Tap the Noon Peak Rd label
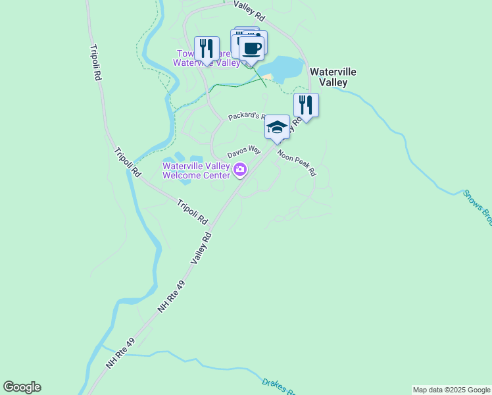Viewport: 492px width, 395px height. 297,164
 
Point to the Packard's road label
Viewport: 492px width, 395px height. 246,117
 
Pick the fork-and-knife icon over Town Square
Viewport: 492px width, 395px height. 207,49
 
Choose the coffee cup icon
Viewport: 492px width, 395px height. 251,47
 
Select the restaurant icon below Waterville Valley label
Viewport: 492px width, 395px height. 306,105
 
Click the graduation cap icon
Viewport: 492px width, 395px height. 277,126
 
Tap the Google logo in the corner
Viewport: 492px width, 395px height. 22,387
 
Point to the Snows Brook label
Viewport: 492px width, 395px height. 476,207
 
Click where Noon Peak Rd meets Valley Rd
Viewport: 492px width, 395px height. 276,146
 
